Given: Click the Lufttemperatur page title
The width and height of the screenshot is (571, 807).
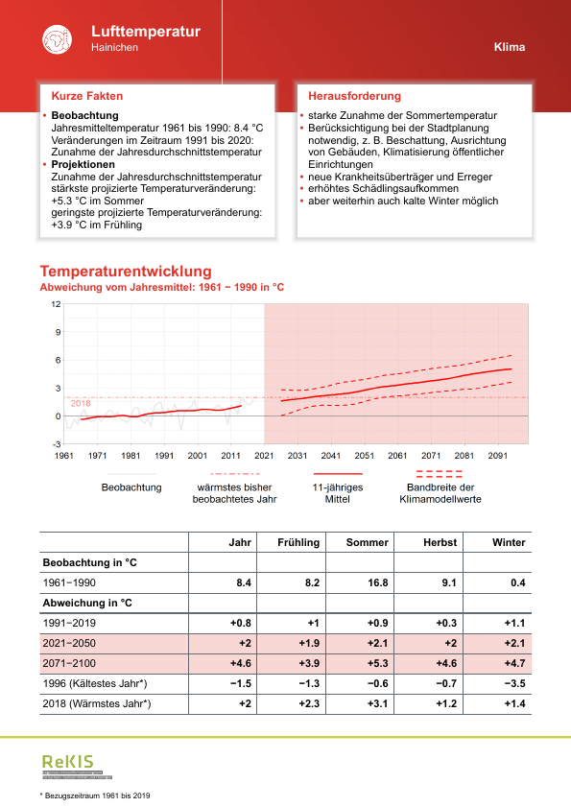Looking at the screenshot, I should (145, 32).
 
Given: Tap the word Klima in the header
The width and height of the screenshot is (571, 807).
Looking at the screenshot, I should (510, 47).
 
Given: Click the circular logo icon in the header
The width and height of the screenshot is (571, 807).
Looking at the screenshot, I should (57, 39).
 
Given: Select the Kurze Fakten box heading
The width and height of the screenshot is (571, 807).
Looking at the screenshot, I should (86, 96).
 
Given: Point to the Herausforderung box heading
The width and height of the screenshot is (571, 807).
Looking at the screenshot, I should (354, 96).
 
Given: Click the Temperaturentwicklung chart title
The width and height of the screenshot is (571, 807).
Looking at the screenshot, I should (125, 272).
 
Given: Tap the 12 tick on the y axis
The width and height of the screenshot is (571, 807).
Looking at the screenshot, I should (56, 304).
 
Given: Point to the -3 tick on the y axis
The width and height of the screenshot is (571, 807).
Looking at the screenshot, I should (56, 444).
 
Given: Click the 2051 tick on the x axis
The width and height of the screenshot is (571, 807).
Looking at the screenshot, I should (365, 456).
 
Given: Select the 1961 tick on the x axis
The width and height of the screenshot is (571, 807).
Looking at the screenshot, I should (64, 456).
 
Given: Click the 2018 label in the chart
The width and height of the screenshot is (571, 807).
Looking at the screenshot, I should (81, 403).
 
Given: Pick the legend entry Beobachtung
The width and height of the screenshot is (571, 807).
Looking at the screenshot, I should (131, 487).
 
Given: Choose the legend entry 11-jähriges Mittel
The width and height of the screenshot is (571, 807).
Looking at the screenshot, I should (338, 492).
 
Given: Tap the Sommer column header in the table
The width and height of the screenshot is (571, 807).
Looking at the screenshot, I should (368, 542).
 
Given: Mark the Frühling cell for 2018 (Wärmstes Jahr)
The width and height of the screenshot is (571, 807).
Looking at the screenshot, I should (308, 703).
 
